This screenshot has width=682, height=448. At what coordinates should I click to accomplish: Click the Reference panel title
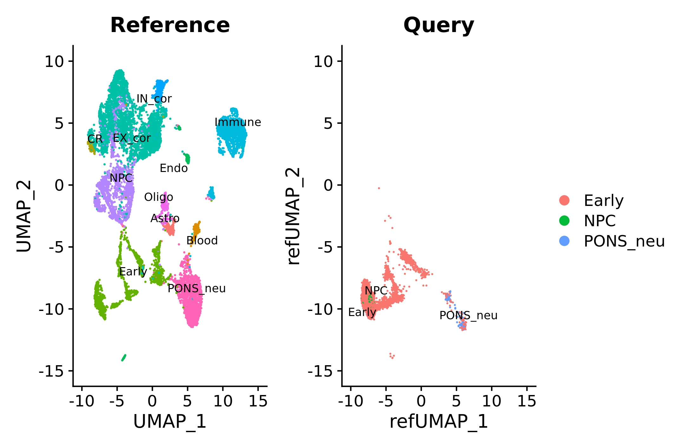click(170, 25)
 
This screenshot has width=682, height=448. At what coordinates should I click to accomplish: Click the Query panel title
click(439, 25)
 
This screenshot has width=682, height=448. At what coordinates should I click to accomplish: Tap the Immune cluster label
click(238, 122)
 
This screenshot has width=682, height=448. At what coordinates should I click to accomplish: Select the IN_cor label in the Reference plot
click(154, 99)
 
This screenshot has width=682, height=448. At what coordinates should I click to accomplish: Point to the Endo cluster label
click(174, 168)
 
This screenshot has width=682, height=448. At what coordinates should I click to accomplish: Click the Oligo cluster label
click(159, 197)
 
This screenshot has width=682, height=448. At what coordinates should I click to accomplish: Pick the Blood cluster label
click(202, 240)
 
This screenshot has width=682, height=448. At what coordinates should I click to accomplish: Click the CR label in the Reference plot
click(95, 139)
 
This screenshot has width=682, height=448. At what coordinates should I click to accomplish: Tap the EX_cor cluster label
click(132, 138)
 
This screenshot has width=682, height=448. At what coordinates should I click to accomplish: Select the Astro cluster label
click(165, 218)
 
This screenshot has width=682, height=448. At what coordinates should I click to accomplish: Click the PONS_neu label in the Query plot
click(468, 315)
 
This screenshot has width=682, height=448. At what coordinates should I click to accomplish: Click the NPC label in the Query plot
click(376, 291)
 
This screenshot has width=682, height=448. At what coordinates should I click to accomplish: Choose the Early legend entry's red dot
click(564, 201)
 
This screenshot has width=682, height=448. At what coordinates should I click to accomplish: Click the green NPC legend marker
click(564, 221)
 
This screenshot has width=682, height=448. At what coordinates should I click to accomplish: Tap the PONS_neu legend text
click(624, 241)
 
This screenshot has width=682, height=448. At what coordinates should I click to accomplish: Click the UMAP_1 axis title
click(170, 422)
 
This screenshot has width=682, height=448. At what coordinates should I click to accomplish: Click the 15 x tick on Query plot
click(527, 401)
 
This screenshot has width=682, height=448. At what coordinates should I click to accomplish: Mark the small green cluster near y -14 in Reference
click(124, 358)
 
